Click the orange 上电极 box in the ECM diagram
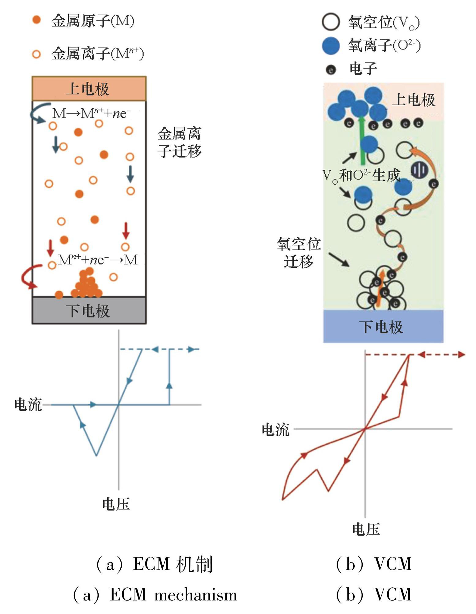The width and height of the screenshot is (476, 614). tap(89, 89)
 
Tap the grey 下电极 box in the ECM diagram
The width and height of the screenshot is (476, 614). tap(89, 311)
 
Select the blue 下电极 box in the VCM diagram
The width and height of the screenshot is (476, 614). tap(383, 326)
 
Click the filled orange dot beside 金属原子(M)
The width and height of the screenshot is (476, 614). tap(36, 20)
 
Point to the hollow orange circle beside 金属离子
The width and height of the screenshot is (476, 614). tap(36, 54)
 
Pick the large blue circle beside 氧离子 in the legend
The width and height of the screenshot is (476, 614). tap(331, 46)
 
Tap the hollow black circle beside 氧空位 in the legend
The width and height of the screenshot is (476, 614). tap(331, 22)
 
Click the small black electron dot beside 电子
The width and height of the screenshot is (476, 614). tap(331, 70)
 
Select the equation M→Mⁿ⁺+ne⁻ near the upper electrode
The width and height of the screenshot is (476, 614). tap(92, 113)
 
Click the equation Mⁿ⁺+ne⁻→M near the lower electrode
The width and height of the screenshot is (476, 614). tap(98, 260)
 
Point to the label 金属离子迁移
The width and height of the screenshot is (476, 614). tap(179, 142)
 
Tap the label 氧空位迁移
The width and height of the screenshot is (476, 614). tap(299, 252)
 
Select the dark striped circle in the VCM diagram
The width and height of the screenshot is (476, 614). tap(418, 170)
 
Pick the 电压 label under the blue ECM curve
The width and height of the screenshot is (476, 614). tap(116, 504)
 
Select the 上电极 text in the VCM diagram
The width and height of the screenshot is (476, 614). tap(414, 100)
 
